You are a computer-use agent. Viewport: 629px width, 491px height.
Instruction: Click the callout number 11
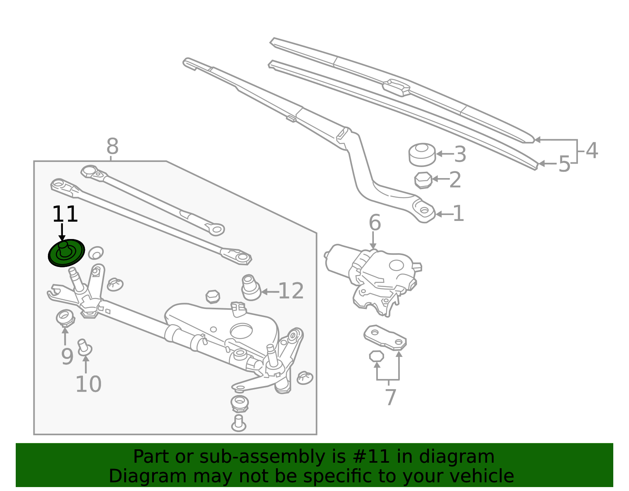(65, 214)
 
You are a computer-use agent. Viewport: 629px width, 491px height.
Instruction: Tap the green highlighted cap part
(66, 253)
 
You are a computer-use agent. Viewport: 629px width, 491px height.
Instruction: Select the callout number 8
(112, 146)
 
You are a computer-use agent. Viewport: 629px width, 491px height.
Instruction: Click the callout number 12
(291, 291)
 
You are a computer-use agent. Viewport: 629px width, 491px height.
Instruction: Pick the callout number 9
(67, 357)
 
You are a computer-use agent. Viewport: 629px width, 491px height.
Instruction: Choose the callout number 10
(88, 384)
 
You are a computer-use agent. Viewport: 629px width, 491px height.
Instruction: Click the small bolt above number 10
(85, 348)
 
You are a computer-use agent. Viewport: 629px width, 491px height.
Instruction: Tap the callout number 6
(375, 223)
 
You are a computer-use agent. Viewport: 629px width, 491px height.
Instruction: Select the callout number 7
(390, 397)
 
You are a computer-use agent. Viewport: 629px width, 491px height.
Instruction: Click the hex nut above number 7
(377, 356)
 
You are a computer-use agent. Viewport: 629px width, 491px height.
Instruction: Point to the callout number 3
(460, 154)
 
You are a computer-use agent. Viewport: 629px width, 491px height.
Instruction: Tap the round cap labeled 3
(422, 155)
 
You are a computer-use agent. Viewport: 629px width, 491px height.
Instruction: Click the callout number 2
(455, 180)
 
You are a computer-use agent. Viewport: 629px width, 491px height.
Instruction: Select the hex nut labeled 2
(423, 180)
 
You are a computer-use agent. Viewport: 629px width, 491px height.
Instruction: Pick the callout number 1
(458, 214)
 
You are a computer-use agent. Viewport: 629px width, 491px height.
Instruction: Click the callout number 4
(592, 151)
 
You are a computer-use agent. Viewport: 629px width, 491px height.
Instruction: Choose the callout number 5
(565, 164)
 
